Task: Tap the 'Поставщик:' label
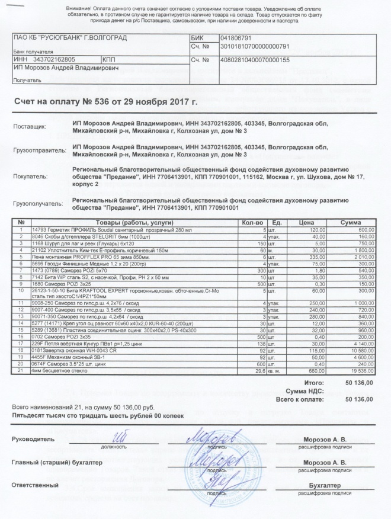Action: point(29,127)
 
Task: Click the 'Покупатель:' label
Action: point(29,177)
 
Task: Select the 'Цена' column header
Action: point(306,222)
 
